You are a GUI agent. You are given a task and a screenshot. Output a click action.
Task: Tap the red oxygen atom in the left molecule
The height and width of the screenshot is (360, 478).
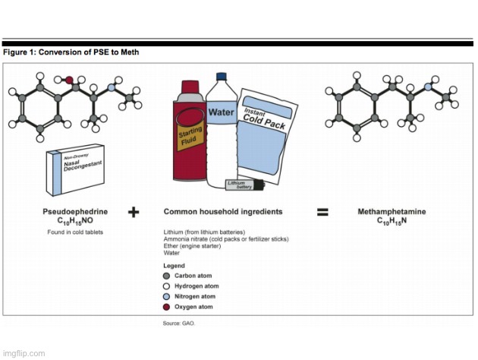pos(69,78)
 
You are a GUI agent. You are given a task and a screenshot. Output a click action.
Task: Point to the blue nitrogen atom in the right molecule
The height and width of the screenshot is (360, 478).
pos(428,88)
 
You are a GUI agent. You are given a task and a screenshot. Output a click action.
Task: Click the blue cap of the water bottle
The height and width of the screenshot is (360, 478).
pos(222,77)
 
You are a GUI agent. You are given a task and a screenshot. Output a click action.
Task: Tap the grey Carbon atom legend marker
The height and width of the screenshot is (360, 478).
pos(168,275)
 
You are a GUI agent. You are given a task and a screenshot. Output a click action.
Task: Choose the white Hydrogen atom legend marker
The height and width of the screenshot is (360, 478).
pos(168,286)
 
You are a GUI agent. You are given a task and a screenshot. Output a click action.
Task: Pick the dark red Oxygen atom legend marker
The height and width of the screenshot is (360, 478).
pos(168,307)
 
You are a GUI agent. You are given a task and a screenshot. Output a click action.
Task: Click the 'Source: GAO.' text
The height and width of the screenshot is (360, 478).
pos(178,324)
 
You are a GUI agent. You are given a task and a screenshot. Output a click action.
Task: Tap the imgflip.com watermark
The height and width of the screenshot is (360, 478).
pos(23,352)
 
